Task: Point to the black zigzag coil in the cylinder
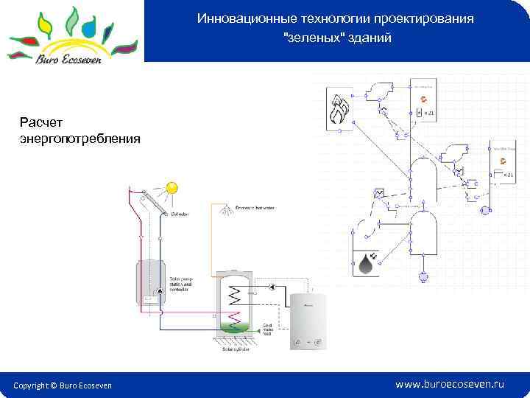[x=236, y=296]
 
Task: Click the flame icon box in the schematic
[x=340, y=111]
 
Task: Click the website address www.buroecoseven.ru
[x=450, y=385]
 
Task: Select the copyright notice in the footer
[x=63, y=385]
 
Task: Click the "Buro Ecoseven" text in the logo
[x=71, y=60]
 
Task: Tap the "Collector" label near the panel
[x=179, y=215]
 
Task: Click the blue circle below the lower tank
[x=423, y=276]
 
